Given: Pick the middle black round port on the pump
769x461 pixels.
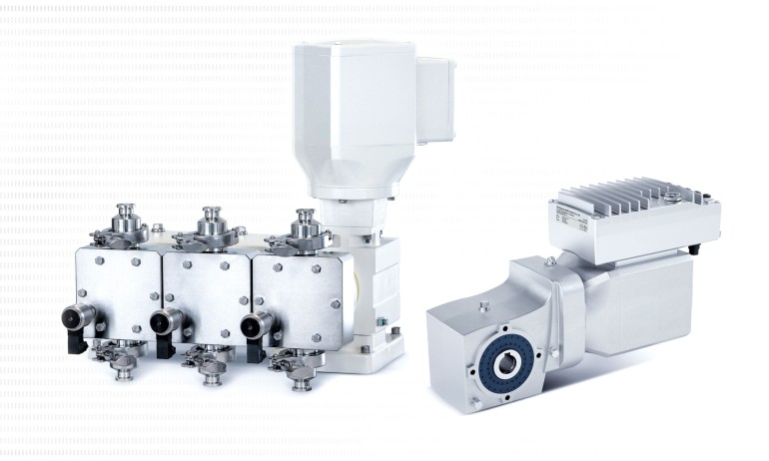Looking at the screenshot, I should click(x=162, y=321).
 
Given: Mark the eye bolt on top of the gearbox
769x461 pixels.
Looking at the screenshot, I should click(x=549, y=261).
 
